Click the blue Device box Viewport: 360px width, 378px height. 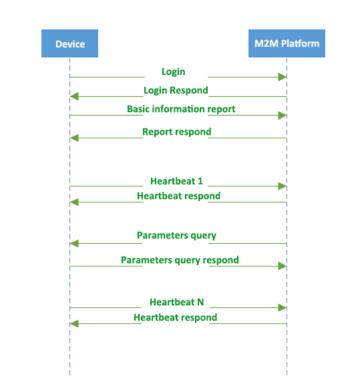point(69,44)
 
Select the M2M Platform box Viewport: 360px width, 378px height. point(287,43)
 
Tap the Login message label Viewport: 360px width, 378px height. point(174,72)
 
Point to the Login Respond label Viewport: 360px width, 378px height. point(176,90)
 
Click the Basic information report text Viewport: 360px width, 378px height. point(181,109)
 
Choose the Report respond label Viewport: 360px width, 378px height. point(176,132)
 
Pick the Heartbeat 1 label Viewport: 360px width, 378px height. point(176,181)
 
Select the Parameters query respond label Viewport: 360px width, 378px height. point(179,260)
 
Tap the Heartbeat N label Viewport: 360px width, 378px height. point(176,302)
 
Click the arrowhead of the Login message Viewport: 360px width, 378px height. point(283,77)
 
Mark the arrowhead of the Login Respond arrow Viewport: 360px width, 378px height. point(75,97)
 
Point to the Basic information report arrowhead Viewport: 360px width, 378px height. point(283,115)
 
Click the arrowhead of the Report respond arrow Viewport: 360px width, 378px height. point(75,138)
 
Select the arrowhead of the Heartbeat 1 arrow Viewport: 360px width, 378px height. point(283,186)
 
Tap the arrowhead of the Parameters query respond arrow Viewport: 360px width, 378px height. point(283,266)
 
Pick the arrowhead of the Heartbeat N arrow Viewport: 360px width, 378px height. point(283,307)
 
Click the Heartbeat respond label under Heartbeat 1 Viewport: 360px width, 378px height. point(178,196)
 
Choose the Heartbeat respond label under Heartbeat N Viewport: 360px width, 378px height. point(175,317)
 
